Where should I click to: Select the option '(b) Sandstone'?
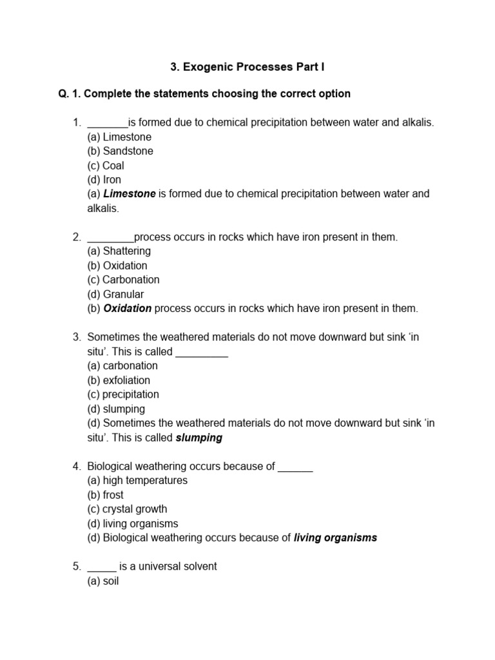(x=120, y=151)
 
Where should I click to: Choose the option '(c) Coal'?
(x=106, y=165)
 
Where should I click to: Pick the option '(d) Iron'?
(x=104, y=179)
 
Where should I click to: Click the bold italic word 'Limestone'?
(x=130, y=193)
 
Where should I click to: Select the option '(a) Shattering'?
(x=119, y=251)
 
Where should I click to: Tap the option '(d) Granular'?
(x=115, y=294)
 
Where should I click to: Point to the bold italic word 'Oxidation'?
(x=128, y=308)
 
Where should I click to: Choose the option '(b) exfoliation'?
(x=119, y=380)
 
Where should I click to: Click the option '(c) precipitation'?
(x=122, y=394)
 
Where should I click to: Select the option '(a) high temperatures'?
(x=137, y=480)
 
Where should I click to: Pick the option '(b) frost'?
(x=105, y=495)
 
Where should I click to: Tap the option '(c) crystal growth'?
(x=127, y=509)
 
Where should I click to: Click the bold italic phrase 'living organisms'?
(x=335, y=538)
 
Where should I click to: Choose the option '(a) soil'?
(x=103, y=581)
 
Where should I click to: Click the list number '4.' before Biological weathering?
(x=77, y=466)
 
